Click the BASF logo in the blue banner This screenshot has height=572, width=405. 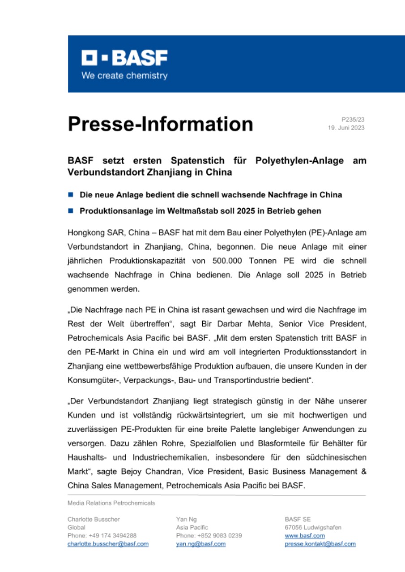(x=124, y=58)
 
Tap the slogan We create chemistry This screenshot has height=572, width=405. (x=124, y=76)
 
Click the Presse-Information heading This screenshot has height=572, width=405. (x=160, y=124)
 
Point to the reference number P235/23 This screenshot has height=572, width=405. (x=353, y=119)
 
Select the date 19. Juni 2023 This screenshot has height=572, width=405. (x=347, y=128)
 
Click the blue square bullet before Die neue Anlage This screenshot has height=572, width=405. (x=70, y=195)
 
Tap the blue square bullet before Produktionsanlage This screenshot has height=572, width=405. (x=70, y=210)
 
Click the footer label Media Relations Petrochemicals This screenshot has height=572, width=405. (x=111, y=503)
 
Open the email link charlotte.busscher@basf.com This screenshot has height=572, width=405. (x=108, y=544)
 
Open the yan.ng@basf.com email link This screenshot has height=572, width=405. (x=201, y=544)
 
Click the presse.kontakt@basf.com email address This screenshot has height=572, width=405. (x=320, y=544)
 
